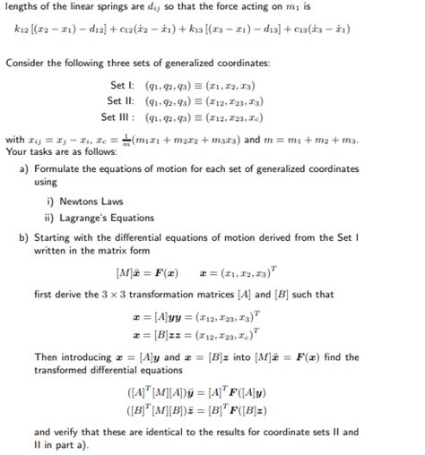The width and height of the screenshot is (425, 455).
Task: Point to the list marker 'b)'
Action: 24,237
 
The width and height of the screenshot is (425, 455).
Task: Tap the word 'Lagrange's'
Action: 86,217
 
